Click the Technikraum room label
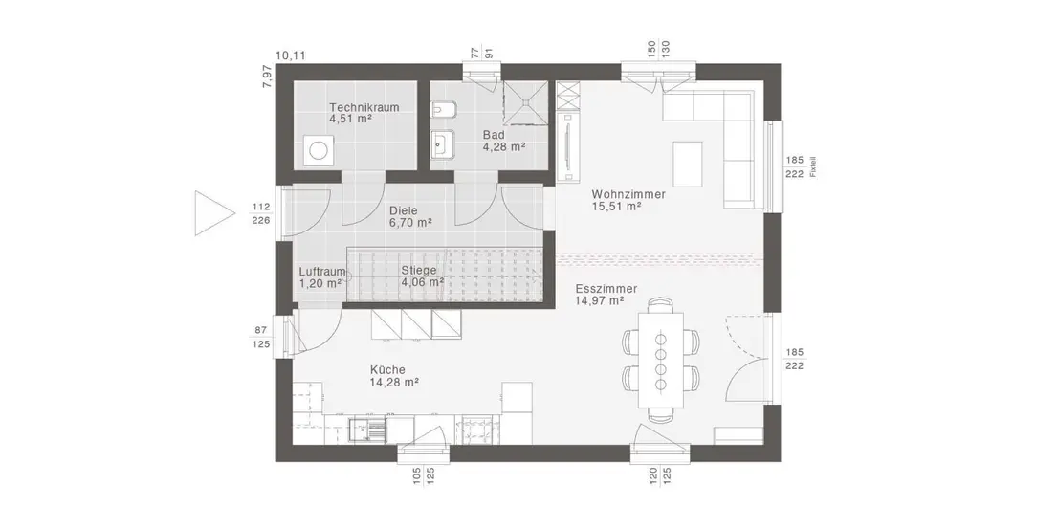364,107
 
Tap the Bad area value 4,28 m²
504,146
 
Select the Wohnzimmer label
628,194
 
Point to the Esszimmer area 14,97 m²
599,301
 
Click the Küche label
387,370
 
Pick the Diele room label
404,210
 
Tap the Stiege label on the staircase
418,271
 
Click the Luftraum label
321,272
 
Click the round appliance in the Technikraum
317,150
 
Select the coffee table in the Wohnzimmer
687,164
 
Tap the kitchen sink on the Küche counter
367,430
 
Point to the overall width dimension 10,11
291,55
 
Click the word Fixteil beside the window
813,167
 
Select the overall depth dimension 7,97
267,77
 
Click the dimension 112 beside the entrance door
261,207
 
